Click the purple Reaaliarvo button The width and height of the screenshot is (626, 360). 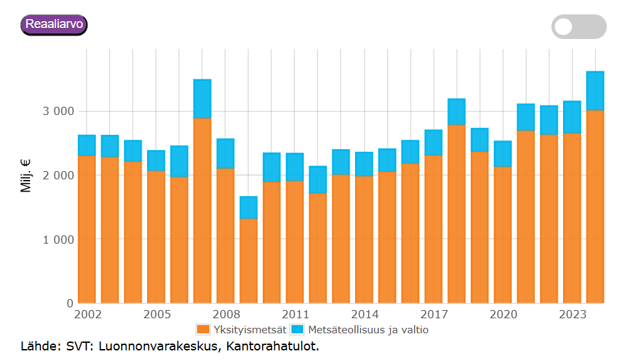[54, 25]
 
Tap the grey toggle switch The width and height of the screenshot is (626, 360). [579, 27]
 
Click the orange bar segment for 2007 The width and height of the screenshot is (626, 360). [202, 211]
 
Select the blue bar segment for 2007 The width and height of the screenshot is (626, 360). [202, 99]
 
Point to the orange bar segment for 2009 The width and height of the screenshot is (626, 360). [248, 261]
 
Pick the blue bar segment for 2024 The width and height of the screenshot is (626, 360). [595, 91]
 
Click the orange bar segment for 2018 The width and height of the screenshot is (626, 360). [456, 214]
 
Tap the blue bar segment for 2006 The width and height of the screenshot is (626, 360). [179, 162]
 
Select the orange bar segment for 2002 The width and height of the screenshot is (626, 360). [87, 229]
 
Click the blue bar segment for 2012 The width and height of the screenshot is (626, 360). [317, 179]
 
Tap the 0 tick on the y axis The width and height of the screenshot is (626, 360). [70, 303]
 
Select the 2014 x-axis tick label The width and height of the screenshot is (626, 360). [364, 315]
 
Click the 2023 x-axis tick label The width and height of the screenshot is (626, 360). [572, 315]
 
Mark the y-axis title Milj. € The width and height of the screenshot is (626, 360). [27, 176]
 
